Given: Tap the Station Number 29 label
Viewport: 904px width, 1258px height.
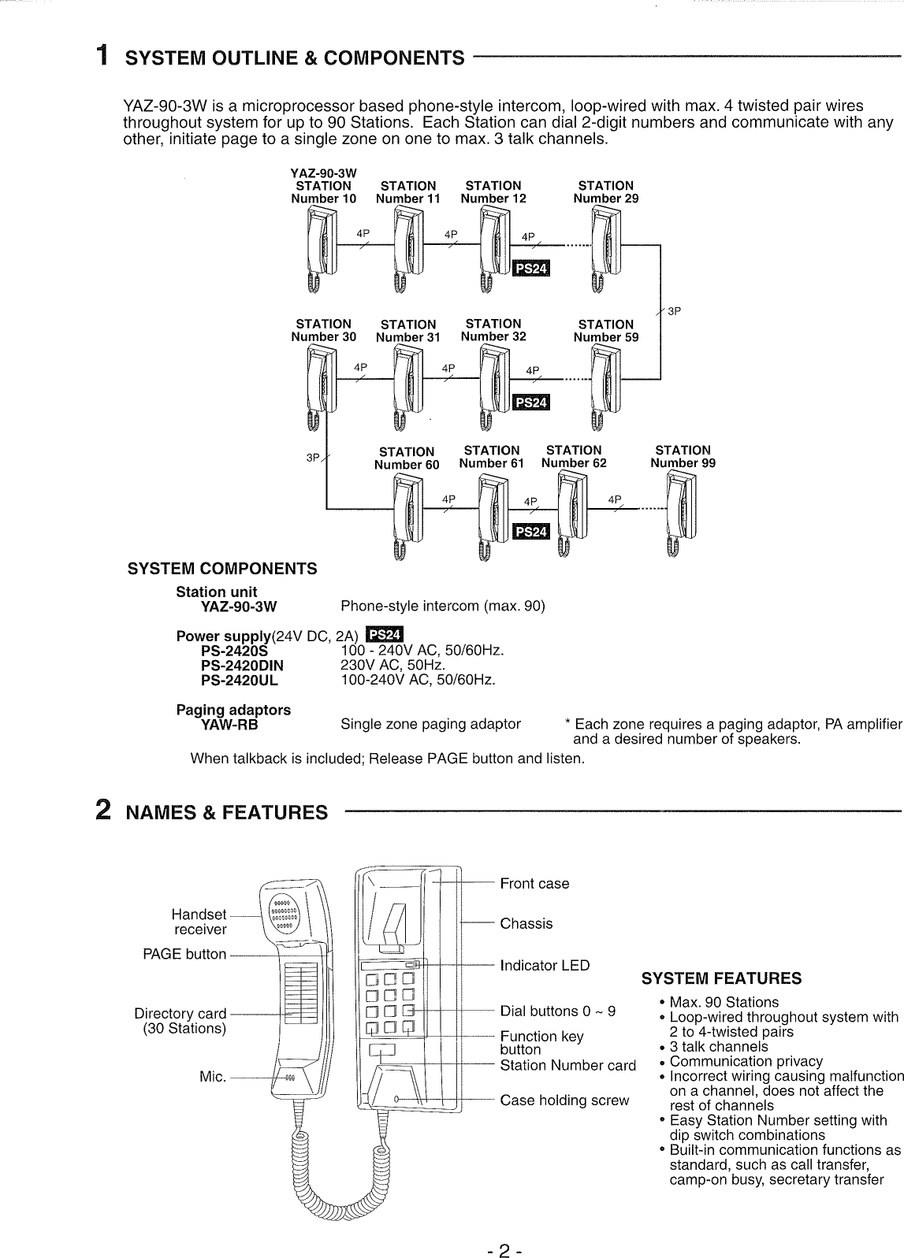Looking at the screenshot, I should coord(605,192).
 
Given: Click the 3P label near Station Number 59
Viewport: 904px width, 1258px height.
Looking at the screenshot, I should coord(674,311).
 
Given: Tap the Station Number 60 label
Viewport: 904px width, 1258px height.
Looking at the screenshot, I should coord(407,458).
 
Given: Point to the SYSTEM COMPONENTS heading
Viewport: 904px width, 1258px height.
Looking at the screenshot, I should coord(222,569).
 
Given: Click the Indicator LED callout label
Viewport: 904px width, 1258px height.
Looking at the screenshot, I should coord(545,965).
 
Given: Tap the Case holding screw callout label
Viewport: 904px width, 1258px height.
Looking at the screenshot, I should coord(564,1100).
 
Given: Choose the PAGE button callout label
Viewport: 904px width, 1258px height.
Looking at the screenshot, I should coord(184,954).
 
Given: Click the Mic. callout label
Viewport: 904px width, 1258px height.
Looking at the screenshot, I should coord(213,1076).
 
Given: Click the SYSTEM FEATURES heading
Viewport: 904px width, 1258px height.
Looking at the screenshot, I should coord(721,978).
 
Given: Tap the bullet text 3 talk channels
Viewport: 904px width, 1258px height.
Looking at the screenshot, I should coord(718,1046).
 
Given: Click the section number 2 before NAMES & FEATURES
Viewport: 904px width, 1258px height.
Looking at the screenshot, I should coord(102,811).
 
